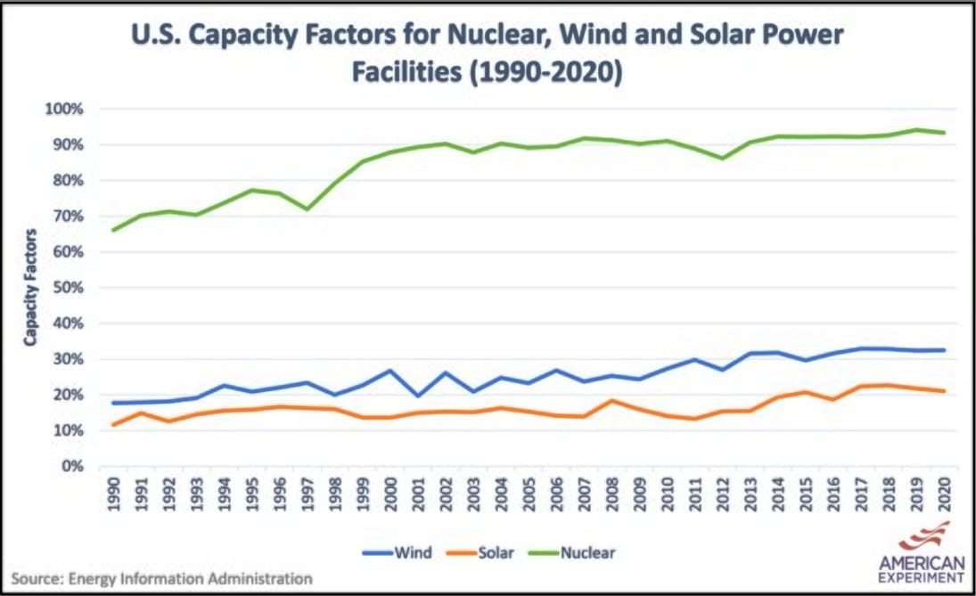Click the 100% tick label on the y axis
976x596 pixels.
[64, 109]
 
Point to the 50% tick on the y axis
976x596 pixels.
[68, 288]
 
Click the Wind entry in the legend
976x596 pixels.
[398, 552]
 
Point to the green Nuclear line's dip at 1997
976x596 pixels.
[307, 208]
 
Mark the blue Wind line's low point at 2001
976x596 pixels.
[417, 396]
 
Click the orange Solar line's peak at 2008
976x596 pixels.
[611, 400]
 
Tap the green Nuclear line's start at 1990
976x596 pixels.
[112, 230]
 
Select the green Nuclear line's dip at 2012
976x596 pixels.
[722, 159]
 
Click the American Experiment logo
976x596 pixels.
[922, 551]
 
